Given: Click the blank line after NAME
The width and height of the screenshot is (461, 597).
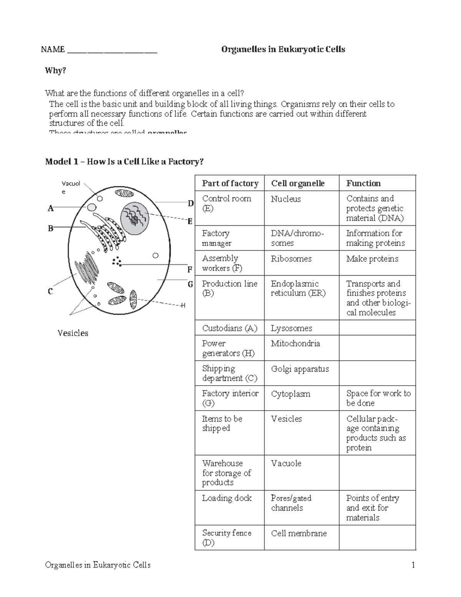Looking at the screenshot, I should point(112,50).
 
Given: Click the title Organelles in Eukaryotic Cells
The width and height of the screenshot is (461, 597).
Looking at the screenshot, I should point(283,49).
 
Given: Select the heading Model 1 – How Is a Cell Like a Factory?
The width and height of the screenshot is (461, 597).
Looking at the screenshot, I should point(124,161).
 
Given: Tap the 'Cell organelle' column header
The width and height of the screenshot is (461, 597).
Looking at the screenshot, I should point(298,183).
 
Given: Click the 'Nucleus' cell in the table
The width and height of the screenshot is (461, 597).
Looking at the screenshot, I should point(286,199).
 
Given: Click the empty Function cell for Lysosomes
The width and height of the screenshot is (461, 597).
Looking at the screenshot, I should point(377,328).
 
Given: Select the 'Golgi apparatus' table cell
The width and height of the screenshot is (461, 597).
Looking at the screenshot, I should point(300,369).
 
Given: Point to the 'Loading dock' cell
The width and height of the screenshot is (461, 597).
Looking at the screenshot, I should point(227,498).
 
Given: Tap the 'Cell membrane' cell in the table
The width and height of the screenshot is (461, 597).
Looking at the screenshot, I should point(299,533).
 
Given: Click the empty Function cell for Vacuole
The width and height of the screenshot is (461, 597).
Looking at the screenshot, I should point(377,472).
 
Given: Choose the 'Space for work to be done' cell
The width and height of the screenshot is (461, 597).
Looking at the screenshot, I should point(378,398).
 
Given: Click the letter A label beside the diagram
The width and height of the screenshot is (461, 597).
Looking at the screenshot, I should point(50,209).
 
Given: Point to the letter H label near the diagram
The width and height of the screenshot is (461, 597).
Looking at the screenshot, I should point(183,306).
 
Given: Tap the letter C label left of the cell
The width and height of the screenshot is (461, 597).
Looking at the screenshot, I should point(50,292).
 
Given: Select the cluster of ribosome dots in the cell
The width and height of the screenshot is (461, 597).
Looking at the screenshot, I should point(117,262).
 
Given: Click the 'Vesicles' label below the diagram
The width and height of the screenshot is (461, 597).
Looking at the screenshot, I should point(73,333).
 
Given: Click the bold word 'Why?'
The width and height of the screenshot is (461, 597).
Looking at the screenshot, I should point(55,71).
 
